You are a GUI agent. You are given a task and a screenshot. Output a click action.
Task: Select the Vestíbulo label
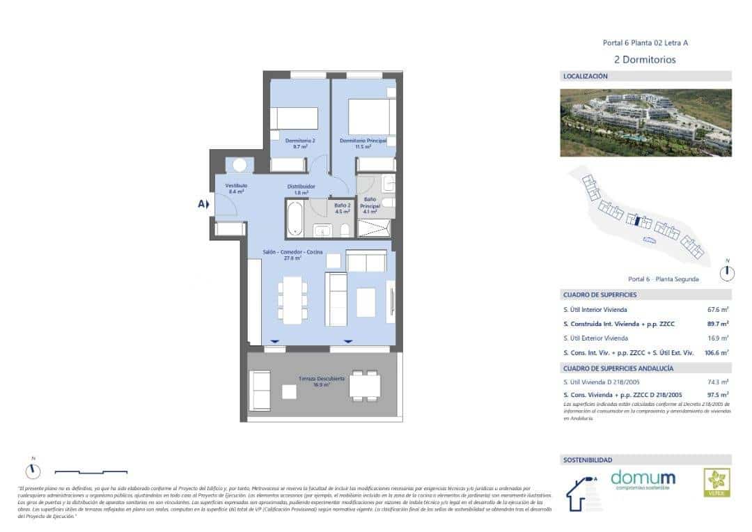(x=237, y=188)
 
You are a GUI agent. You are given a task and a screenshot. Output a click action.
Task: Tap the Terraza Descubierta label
(x=322, y=381)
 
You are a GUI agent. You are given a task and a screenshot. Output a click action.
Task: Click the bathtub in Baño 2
(x=295, y=219)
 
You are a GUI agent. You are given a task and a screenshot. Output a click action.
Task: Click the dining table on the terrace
(x=365, y=385)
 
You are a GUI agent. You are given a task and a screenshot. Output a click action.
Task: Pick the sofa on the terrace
(x=260, y=385)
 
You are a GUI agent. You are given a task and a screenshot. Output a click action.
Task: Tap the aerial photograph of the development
(x=645, y=122)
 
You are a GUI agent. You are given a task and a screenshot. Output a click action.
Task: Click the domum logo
(x=643, y=480)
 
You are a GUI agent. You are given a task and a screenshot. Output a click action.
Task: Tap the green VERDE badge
(x=716, y=482)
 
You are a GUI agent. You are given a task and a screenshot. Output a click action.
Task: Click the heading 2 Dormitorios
(x=645, y=60)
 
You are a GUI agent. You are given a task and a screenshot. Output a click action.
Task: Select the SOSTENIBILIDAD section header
(x=588, y=460)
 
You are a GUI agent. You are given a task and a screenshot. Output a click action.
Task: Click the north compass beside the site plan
(x=727, y=272)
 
